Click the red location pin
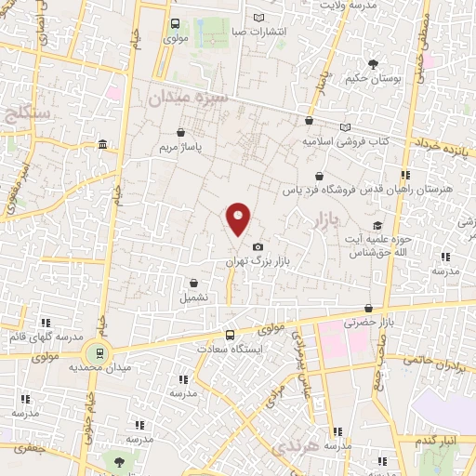click(x=239, y=218)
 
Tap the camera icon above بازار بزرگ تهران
click(x=258, y=246)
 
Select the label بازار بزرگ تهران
click(x=258, y=262)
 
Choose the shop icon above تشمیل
click(x=193, y=284)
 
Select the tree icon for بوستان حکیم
click(x=374, y=64)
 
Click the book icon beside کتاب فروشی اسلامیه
click(x=346, y=126)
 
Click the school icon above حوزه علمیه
click(x=377, y=226)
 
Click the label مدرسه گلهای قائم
click(x=46, y=337)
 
